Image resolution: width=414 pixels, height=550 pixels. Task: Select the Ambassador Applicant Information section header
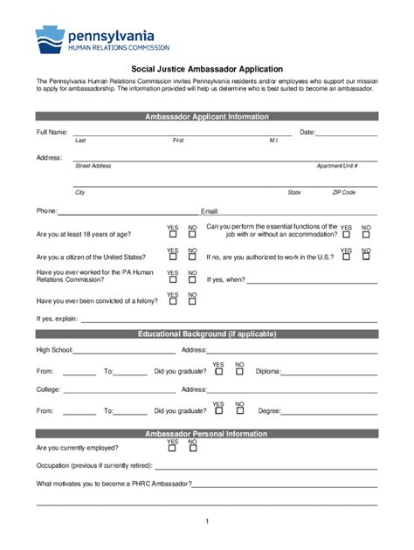coord(206,116)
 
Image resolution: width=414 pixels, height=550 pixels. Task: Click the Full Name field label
coord(52,132)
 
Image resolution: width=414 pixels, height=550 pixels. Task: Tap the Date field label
coord(307,132)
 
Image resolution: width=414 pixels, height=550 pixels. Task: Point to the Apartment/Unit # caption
coord(337,165)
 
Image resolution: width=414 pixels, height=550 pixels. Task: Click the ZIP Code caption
coord(343,192)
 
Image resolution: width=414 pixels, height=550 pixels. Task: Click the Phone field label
coord(45,210)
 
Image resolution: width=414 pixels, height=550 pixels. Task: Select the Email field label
coord(210,210)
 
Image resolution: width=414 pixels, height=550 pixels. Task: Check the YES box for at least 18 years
coord(172,234)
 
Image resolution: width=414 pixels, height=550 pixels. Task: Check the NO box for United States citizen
coord(192,258)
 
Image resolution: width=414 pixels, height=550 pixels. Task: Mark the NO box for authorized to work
coord(366,258)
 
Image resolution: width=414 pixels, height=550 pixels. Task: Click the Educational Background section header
coord(206,333)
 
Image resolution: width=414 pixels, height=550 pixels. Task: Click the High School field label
coord(53,349)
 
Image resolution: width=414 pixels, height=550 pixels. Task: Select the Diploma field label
coord(267,371)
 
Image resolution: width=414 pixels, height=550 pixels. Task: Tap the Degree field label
coord(268,410)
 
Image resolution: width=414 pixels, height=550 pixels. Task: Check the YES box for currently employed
coord(172,450)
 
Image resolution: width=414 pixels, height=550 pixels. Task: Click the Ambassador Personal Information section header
coord(206,434)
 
